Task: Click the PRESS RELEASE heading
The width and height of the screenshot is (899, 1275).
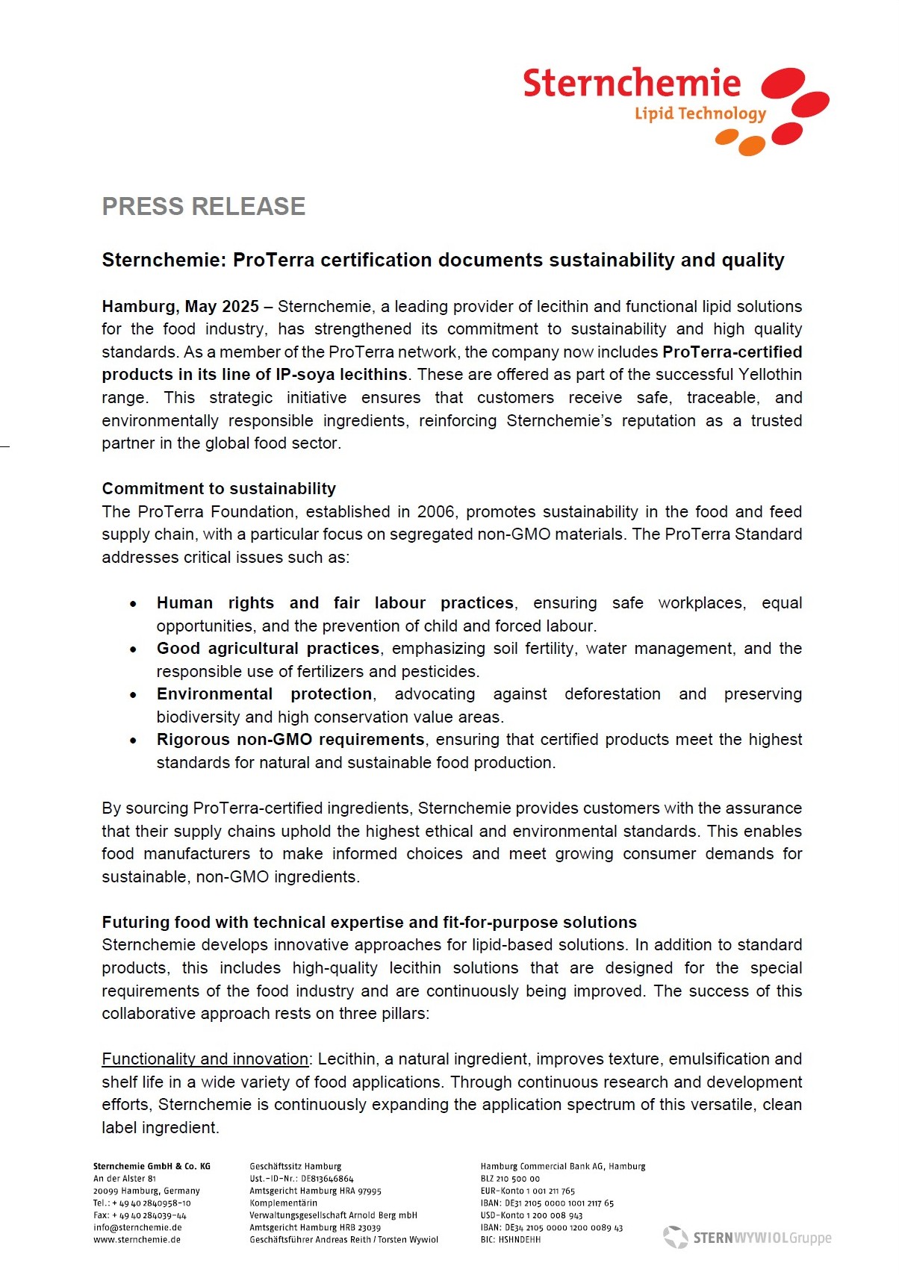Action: pyautogui.click(x=203, y=207)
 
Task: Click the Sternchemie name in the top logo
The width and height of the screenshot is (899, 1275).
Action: pyautogui.click(x=632, y=84)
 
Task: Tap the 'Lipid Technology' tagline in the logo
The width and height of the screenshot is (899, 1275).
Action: pyautogui.click(x=700, y=114)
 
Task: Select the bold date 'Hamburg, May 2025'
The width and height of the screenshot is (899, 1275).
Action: pyautogui.click(x=180, y=307)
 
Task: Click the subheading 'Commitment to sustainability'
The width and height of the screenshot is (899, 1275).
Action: pyautogui.click(x=219, y=489)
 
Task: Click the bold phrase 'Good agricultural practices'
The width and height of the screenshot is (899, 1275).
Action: pyautogui.click(x=268, y=649)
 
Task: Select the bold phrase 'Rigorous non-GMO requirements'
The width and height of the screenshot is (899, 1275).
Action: pyautogui.click(x=290, y=740)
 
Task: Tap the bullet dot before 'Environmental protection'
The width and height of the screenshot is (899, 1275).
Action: pyautogui.click(x=133, y=695)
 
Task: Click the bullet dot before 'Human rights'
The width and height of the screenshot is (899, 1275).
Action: pyautogui.click(x=133, y=604)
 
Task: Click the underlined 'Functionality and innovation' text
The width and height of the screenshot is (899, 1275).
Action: pyautogui.click(x=205, y=1059)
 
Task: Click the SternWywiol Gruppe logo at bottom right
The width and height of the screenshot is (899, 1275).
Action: pyautogui.click(x=747, y=1238)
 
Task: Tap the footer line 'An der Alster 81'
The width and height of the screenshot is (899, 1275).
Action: pyautogui.click(x=125, y=1179)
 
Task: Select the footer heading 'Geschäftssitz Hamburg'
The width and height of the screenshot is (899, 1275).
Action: pyautogui.click(x=296, y=1166)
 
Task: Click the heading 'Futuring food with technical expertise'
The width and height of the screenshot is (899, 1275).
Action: pyautogui.click(x=369, y=923)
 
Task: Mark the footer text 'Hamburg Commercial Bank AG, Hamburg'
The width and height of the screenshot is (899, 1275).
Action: pyautogui.click(x=563, y=1166)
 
